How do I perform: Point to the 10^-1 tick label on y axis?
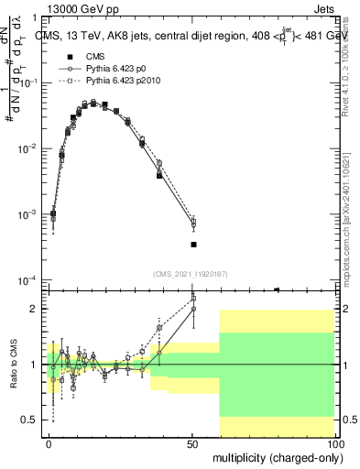click(30, 82)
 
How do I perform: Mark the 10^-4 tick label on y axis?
click(30, 280)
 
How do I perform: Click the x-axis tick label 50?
click(192, 443)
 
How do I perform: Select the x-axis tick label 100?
click(333, 443)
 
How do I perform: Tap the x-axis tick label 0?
click(49, 443)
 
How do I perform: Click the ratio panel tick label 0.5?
click(31, 420)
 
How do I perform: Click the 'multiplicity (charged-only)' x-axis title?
click(273, 458)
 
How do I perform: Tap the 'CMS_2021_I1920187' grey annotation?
click(191, 273)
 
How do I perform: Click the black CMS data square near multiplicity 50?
click(193, 245)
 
